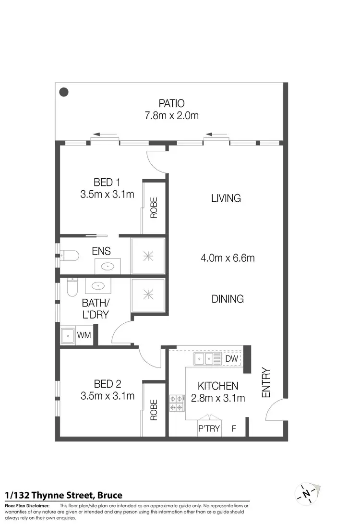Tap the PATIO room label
(x=171, y=103)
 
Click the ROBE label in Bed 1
(x=154, y=208)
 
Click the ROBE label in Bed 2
(x=154, y=410)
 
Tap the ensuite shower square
(x=148, y=256)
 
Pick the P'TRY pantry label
(x=209, y=428)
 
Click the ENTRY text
(x=266, y=382)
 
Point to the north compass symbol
(x=306, y=493)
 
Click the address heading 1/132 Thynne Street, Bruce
(x=63, y=495)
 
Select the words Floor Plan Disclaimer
(x=27, y=506)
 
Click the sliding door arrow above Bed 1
(x=104, y=135)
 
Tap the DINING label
(x=228, y=299)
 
